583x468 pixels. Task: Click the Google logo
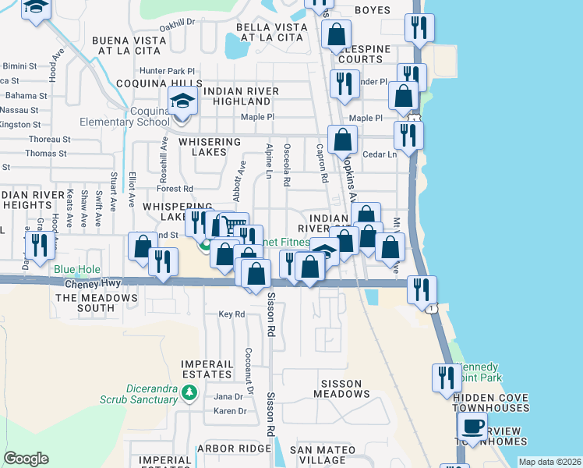point(26,459)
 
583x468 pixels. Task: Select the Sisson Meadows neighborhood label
point(342,388)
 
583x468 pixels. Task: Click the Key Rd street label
point(231,314)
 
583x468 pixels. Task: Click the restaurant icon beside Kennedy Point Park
point(447,378)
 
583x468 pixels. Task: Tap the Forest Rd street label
point(174,189)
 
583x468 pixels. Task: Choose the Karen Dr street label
point(230,411)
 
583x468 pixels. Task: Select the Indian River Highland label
point(241,97)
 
